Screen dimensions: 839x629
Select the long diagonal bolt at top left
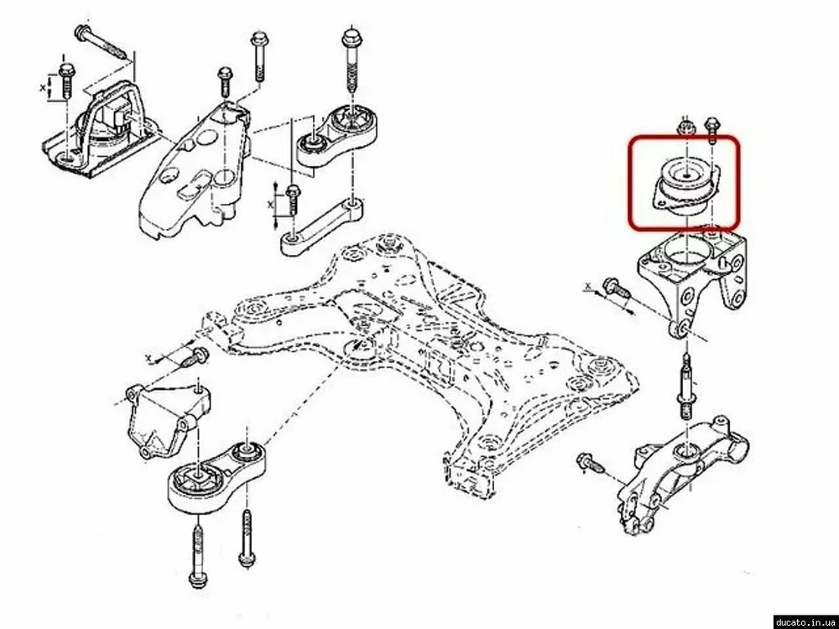102,40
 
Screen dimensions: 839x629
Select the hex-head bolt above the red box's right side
711,129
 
